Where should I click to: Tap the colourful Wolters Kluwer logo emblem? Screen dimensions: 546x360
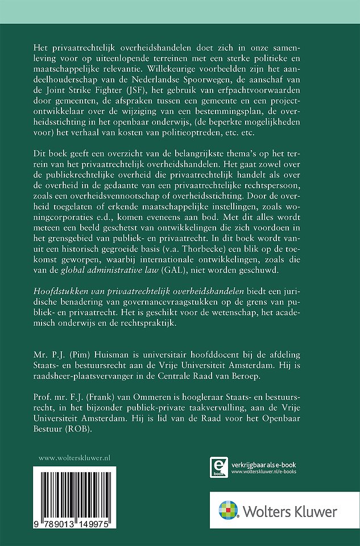tap(231, 510)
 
